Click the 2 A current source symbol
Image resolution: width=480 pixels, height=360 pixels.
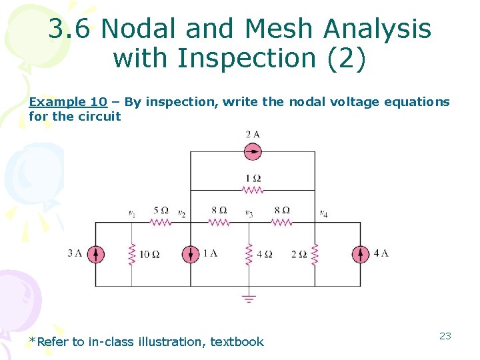point(253,152)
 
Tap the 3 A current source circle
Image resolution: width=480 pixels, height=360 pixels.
point(95,254)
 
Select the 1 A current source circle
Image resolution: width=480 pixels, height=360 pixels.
point(191,254)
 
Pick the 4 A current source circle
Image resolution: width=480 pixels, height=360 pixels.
point(361,254)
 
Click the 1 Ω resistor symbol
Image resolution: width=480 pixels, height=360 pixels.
point(253,190)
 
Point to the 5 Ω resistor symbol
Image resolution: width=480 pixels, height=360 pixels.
point(161,222)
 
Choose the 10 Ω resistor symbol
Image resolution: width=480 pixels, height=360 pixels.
point(132,254)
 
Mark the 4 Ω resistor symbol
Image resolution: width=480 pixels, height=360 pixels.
point(249,254)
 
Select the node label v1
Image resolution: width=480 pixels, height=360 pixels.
point(132,213)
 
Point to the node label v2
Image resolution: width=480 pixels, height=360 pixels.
point(181,213)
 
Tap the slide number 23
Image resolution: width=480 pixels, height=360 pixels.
point(445,336)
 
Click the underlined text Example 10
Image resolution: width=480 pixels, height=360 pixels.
point(67,102)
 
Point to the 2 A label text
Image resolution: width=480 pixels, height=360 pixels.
point(252,135)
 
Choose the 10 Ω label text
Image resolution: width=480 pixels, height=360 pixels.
point(149,254)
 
